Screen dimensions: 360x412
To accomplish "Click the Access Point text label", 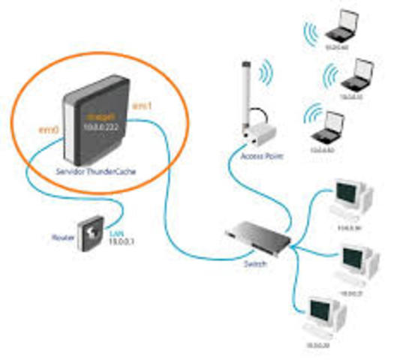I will click(x=257, y=156).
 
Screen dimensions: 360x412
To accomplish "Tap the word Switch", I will click(x=254, y=263).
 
